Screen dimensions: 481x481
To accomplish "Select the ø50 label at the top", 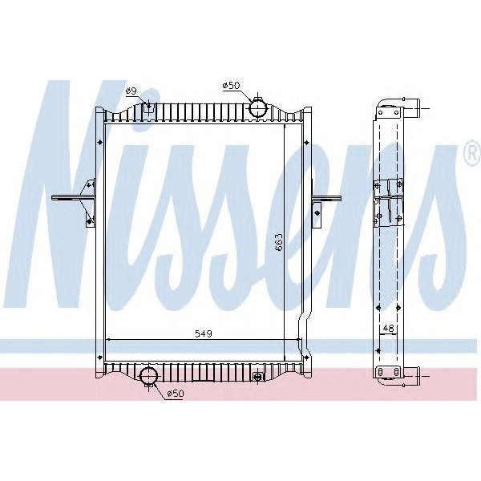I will (232, 85).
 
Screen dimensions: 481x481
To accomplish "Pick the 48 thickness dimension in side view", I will (389, 329).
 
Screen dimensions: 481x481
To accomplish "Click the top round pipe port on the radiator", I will (258, 107).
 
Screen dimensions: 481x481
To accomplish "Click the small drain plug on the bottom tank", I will (258, 376).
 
